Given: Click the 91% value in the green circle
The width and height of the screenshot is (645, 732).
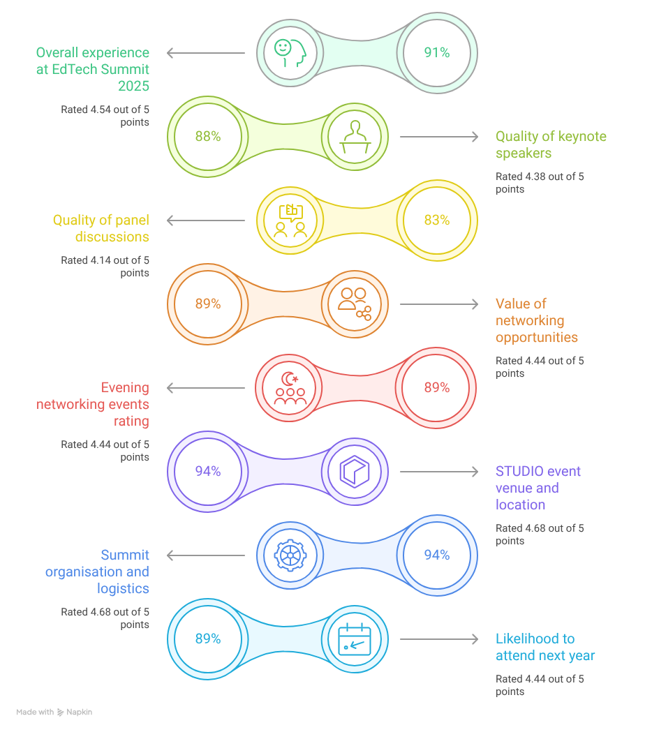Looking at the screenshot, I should coord(437,52).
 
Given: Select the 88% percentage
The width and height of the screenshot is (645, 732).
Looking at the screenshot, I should coord(207,137).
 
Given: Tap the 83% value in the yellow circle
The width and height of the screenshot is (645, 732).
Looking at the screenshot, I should coord(437,221).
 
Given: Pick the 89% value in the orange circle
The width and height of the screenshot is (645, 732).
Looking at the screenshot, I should coord(207,304).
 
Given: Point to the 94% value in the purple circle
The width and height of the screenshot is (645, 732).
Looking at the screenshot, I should coord(207,471).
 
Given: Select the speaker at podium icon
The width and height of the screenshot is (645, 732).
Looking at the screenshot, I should coord(355,137).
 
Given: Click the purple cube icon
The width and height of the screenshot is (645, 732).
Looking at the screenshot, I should coord(355,471).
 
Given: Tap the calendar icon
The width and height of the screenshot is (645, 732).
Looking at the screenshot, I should coord(355,638).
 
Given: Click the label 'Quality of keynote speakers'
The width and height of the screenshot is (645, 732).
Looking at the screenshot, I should coord(541,144).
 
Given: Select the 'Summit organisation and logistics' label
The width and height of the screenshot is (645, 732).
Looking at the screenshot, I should coord(98,572).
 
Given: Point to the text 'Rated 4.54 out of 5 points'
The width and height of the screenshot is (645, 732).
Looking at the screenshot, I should coord(105,115).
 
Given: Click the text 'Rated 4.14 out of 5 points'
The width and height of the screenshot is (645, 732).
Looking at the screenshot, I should coord(105,267).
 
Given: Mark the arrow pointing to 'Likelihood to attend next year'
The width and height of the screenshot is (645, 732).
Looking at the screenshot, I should coord(440,638).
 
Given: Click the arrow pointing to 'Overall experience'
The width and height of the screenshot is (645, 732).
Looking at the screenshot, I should coord(206,52).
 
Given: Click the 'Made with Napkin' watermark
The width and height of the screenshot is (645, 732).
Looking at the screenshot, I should coord(54,712).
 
